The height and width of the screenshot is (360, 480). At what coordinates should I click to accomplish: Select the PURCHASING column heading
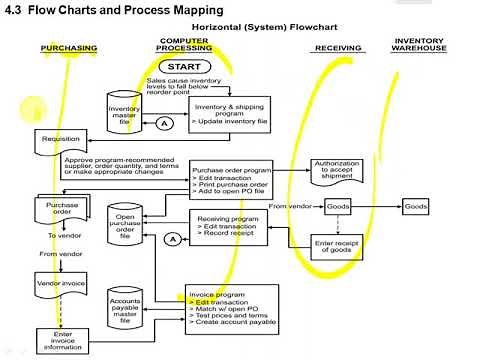[69, 48]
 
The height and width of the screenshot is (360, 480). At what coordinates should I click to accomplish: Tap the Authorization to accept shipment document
[337, 171]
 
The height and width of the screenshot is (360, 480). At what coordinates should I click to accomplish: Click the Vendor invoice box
[56, 285]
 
